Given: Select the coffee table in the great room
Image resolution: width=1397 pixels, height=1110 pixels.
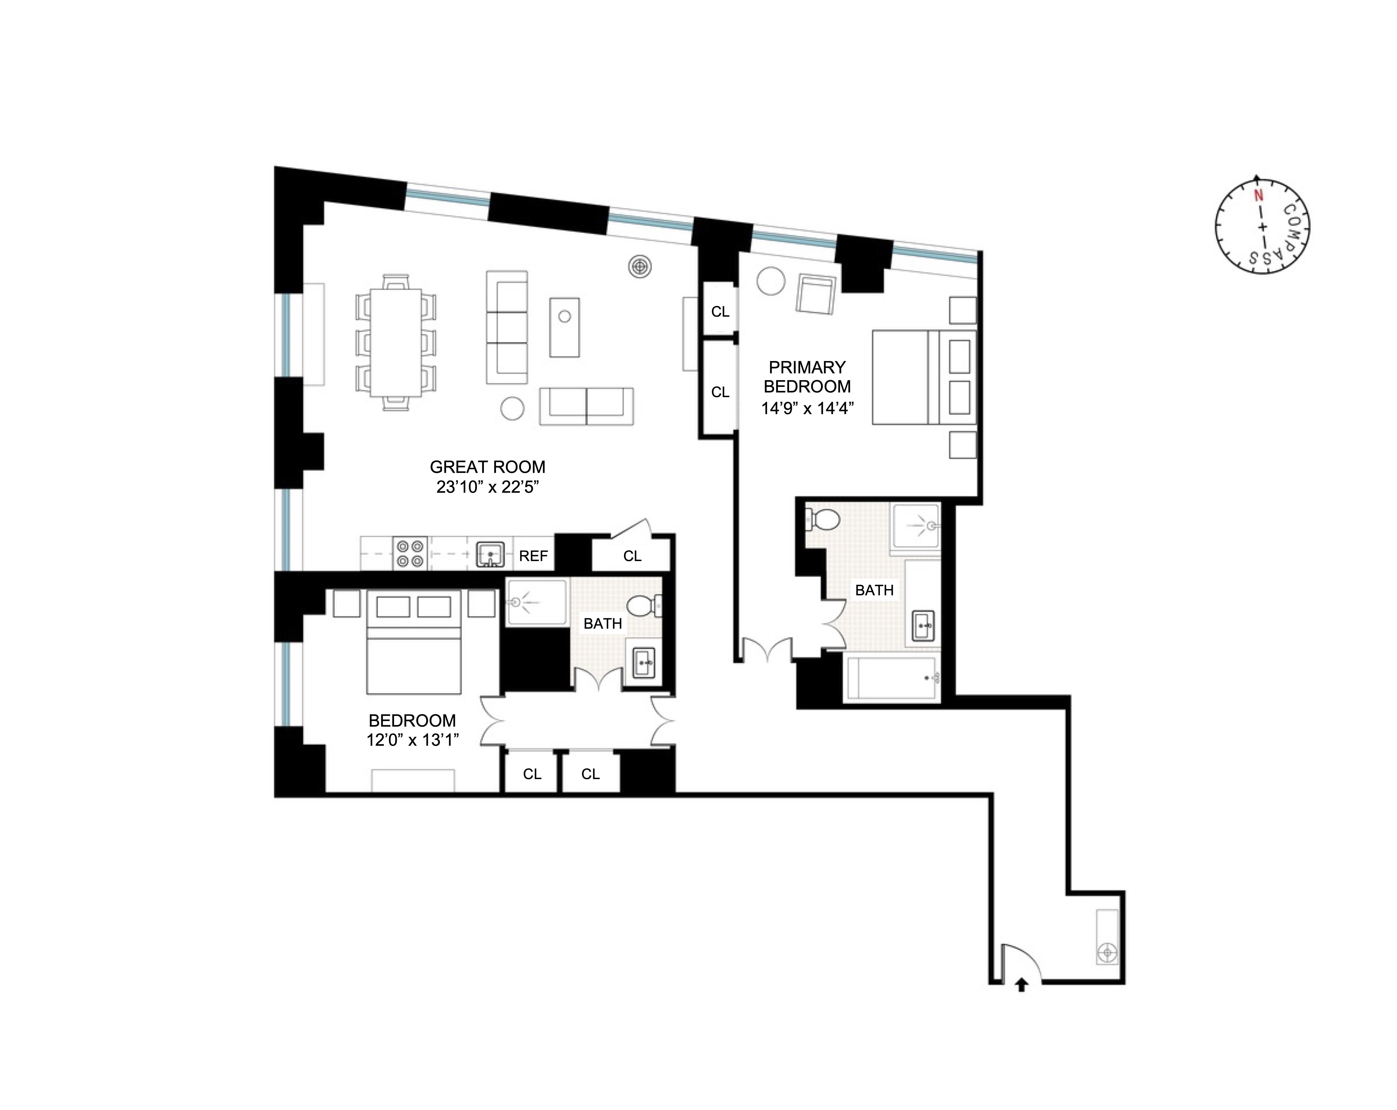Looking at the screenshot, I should pyautogui.click(x=564, y=327).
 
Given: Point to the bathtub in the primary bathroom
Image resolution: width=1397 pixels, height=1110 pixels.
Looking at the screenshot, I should pyautogui.click(x=891, y=678).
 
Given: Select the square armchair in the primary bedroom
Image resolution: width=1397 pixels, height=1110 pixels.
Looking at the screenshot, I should pyautogui.click(x=815, y=295).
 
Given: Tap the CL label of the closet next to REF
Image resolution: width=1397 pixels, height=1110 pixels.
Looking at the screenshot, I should pyautogui.click(x=632, y=556).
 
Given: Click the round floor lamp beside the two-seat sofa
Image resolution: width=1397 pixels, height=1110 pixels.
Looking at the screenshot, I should pyautogui.click(x=512, y=408).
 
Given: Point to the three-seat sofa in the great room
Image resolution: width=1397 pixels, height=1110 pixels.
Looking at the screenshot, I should pyautogui.click(x=507, y=327).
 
